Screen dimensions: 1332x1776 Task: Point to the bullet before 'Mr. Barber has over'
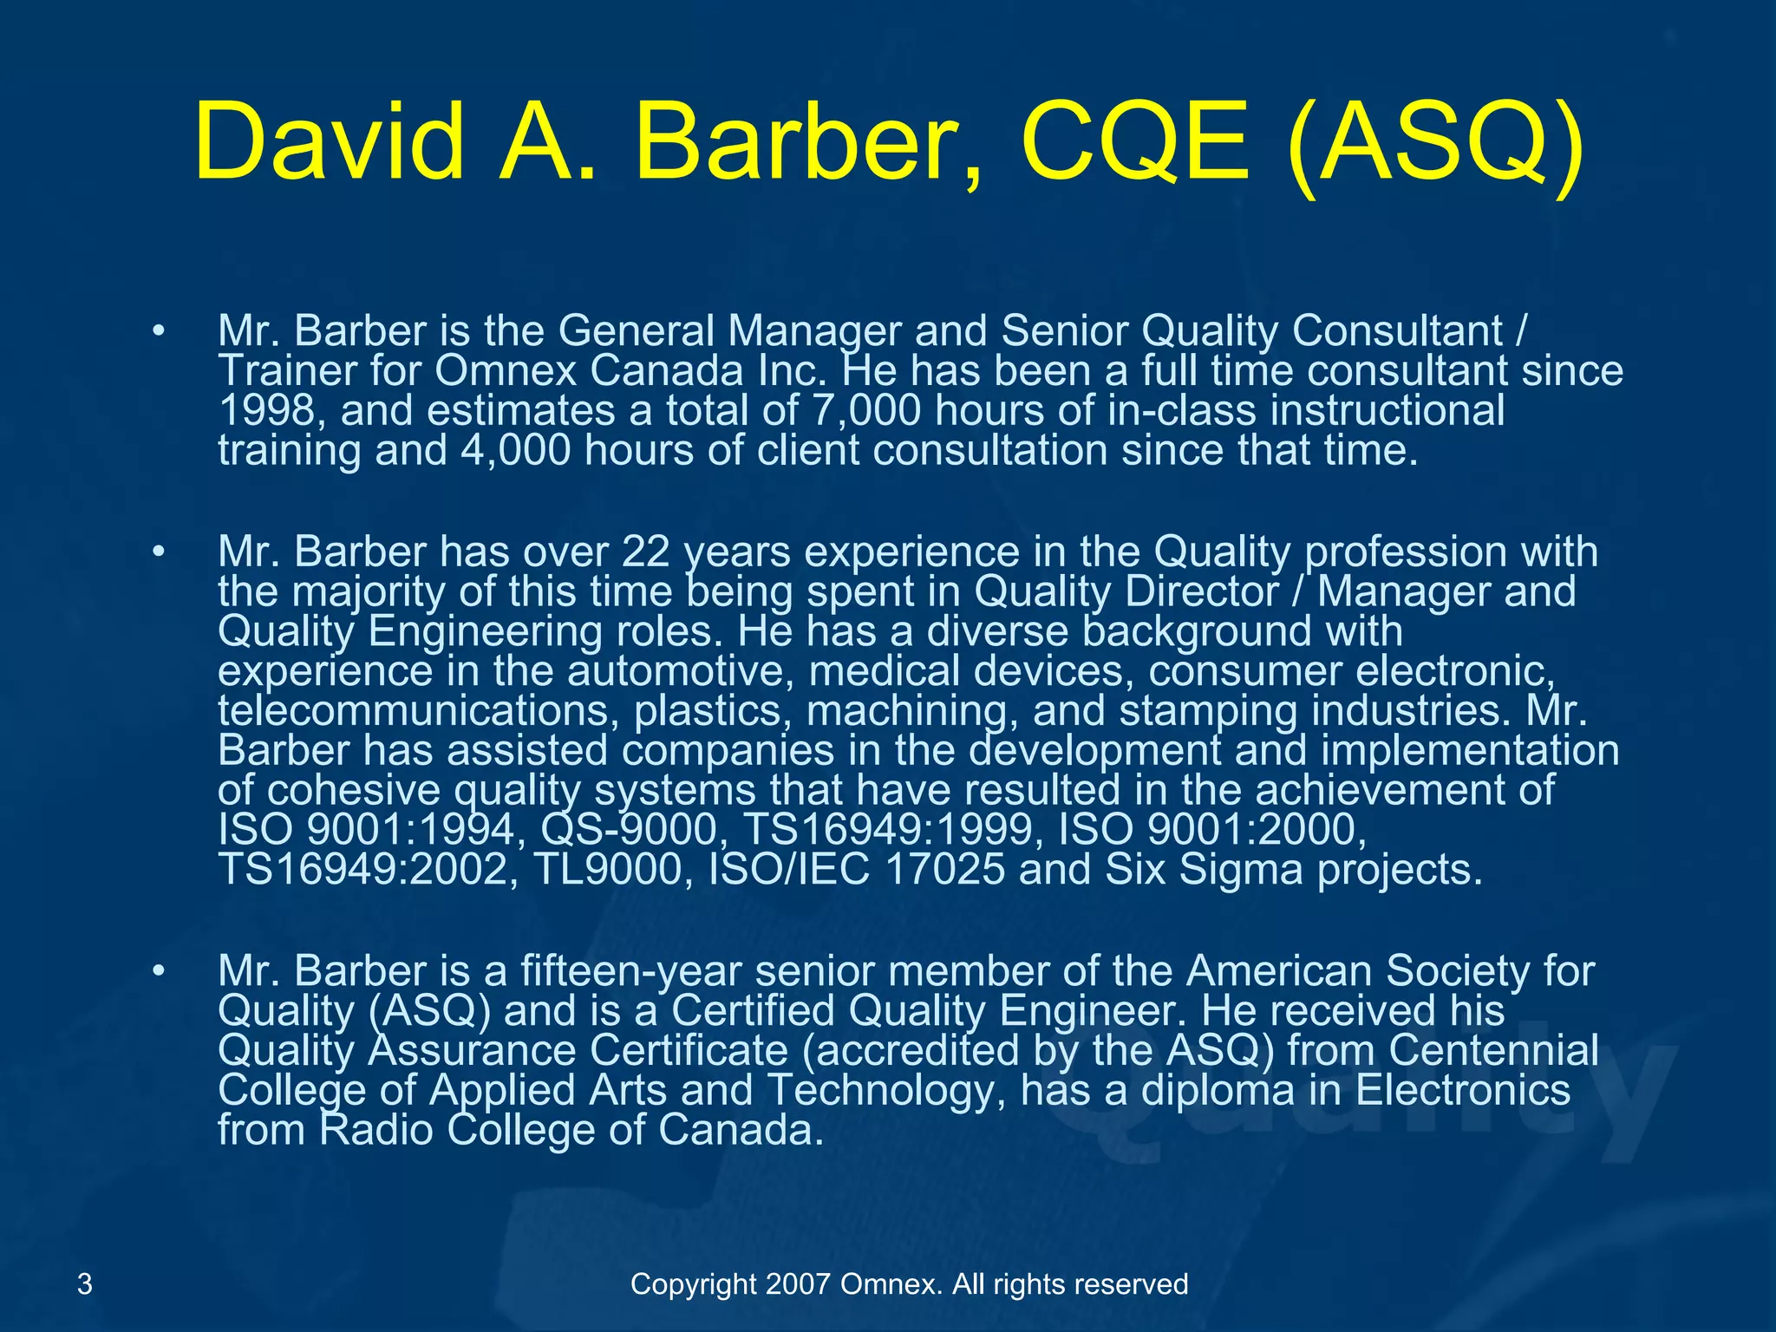tap(157, 552)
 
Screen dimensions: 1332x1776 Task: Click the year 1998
tap(265, 411)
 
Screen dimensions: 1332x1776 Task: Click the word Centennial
tap(1493, 1051)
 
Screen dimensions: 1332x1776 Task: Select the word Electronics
tap(1462, 1091)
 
